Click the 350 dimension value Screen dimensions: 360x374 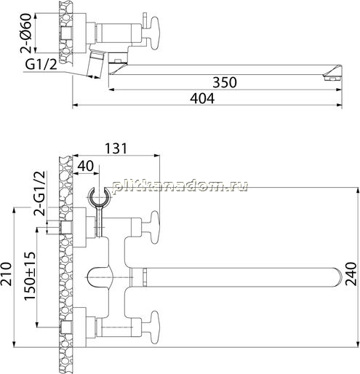(225, 82)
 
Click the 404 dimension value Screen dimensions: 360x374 (202, 98)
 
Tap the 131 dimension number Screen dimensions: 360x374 (116, 148)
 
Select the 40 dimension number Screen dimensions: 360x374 (86, 166)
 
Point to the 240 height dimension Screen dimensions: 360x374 (351, 274)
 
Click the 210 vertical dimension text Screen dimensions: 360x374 (6, 274)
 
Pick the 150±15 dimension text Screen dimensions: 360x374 (30, 276)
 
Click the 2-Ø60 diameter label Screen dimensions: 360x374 (26, 33)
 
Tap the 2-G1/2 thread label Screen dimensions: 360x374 (40, 194)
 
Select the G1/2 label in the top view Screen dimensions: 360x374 (41, 65)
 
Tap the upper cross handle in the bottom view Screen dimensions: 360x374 (154, 227)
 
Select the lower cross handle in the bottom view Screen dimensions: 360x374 (154, 327)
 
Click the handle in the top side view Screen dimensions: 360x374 (154, 33)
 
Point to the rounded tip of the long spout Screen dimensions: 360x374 (339, 277)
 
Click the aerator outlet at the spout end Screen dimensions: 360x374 (332, 79)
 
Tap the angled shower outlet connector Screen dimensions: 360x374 (95, 64)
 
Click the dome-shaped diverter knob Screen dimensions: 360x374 (100, 278)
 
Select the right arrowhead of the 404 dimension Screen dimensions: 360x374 (340, 105)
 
